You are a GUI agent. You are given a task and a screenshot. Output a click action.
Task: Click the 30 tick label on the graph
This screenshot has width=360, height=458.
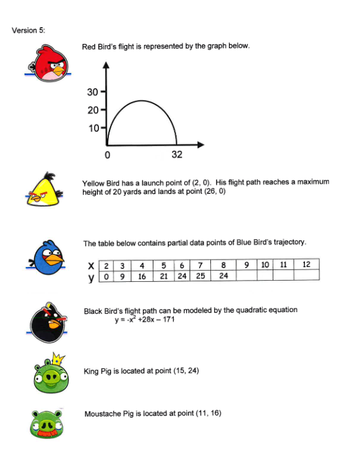(93, 93)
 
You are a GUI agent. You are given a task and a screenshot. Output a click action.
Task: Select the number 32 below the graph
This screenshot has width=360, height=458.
(177, 155)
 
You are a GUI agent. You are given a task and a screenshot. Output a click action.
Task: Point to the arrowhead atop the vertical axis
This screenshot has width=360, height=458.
(106, 65)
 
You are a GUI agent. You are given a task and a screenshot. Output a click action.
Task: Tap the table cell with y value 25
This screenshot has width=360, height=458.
(199, 276)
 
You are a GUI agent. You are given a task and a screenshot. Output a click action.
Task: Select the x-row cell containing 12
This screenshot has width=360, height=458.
(306, 265)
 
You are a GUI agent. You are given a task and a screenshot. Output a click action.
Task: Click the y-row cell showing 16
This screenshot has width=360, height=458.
(142, 276)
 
